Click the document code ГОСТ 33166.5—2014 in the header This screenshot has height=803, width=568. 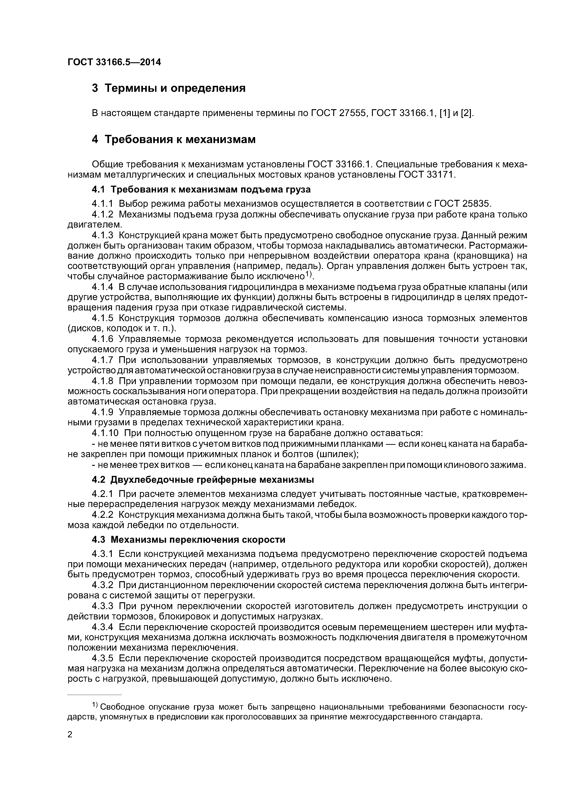pyautogui.click(x=114, y=62)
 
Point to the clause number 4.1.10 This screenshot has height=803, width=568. pyautogui.click(x=105, y=433)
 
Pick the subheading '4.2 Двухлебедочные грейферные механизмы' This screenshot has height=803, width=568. pyautogui.click(x=203, y=480)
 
